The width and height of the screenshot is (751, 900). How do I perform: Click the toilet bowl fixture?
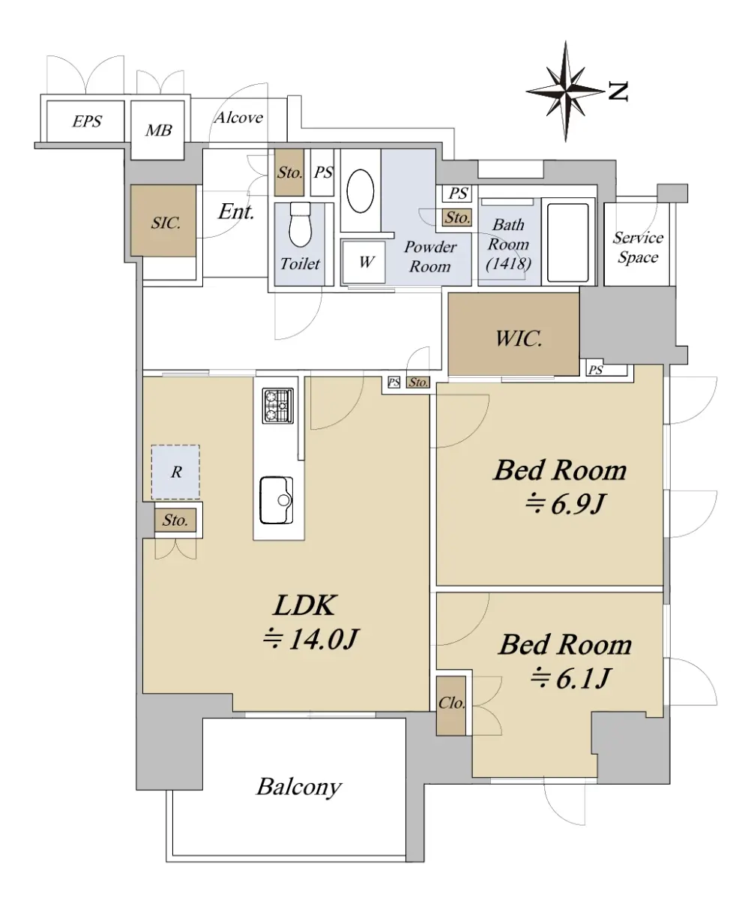click(x=301, y=224)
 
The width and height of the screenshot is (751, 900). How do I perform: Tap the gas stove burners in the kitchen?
click(x=278, y=405)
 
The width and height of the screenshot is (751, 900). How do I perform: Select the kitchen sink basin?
click(x=277, y=500)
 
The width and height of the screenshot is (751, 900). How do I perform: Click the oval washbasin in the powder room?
click(x=361, y=191)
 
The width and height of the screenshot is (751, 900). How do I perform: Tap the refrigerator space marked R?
click(x=175, y=472)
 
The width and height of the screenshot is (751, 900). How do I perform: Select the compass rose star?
click(x=565, y=91)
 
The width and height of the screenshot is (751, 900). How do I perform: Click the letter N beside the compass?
click(x=618, y=91)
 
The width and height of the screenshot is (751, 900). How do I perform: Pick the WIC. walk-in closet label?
click(x=519, y=338)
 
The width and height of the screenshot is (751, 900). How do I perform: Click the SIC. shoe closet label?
click(x=166, y=223)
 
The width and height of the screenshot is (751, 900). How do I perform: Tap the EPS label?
click(x=87, y=121)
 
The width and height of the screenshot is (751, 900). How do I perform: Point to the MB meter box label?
click(x=159, y=130)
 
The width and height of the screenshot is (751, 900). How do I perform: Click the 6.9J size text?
click(x=565, y=503)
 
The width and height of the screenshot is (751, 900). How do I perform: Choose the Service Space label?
click(x=638, y=247)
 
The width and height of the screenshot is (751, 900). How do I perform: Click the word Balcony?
click(x=298, y=787)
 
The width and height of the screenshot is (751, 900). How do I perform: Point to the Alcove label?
click(x=238, y=118)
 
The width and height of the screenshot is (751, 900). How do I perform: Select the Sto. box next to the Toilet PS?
click(x=289, y=172)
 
